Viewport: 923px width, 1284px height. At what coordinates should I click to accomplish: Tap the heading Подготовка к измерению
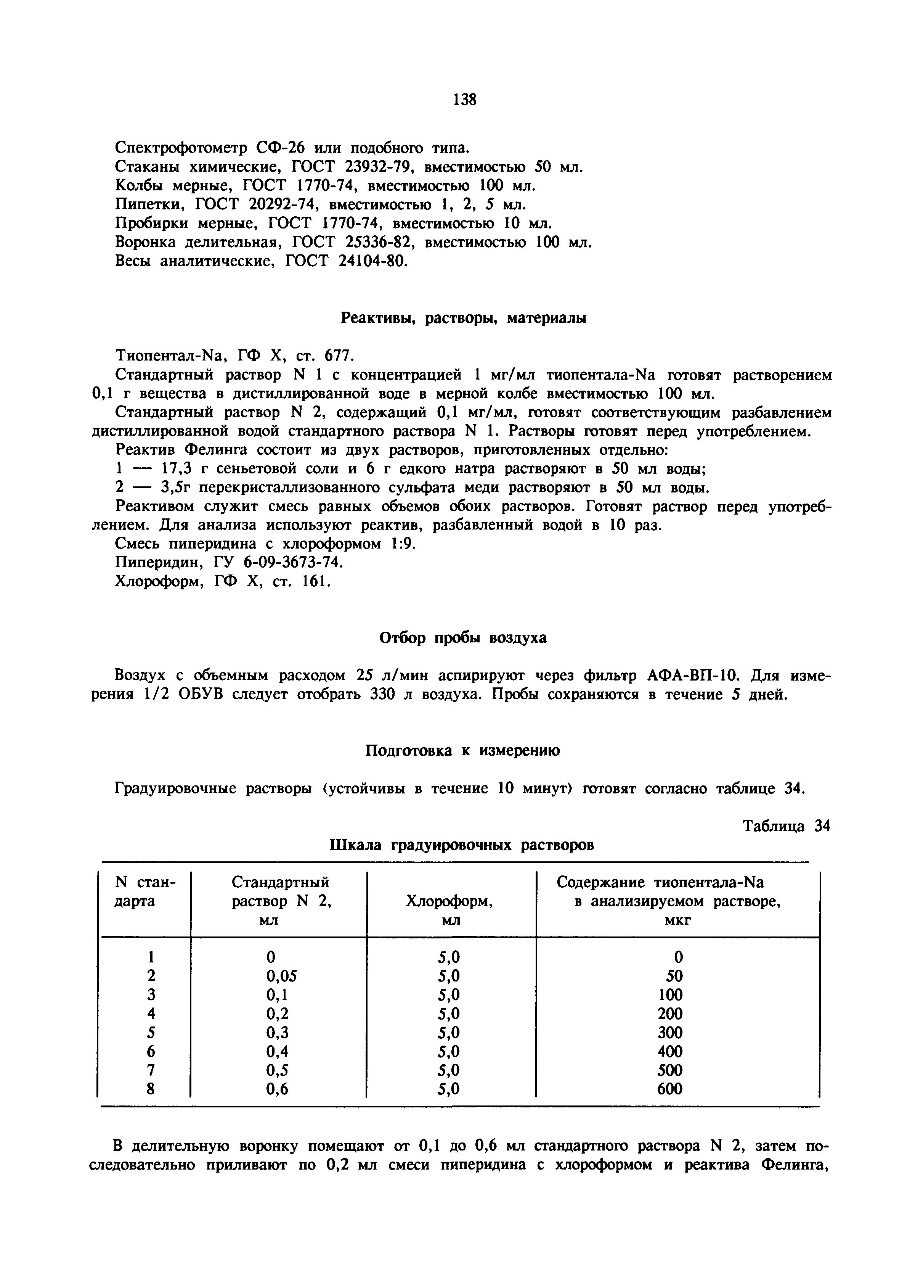[x=462, y=751]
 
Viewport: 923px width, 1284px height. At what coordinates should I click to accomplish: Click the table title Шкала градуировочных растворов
[x=462, y=845]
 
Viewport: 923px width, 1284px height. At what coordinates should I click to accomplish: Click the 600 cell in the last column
[x=670, y=1089]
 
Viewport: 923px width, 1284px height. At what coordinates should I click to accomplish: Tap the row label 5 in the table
[x=151, y=1032]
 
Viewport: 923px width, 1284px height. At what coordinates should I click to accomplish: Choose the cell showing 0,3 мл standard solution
[x=277, y=1032]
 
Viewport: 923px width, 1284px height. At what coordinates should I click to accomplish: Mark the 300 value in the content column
[x=670, y=1032]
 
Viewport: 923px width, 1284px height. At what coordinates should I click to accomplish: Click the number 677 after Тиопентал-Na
[x=339, y=356]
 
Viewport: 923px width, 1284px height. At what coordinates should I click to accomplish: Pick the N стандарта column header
[x=145, y=892]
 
